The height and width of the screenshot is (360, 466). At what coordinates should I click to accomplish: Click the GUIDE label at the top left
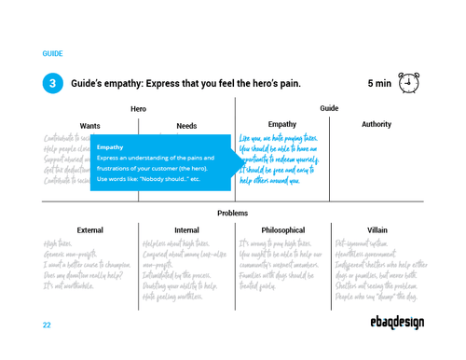(x=52, y=54)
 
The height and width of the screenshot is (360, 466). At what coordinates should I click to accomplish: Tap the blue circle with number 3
(x=52, y=84)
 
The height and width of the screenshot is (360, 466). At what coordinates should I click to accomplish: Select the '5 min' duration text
(x=378, y=84)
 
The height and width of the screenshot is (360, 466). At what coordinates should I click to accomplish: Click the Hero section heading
(x=138, y=109)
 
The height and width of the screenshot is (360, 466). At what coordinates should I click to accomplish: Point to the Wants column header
(x=90, y=125)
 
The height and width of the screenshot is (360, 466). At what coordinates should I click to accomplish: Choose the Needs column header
(x=186, y=125)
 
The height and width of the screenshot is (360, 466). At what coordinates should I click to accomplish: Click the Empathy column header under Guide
(x=282, y=124)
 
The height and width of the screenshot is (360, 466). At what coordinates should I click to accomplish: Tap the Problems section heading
(x=233, y=214)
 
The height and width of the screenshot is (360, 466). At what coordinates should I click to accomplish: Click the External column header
(x=90, y=229)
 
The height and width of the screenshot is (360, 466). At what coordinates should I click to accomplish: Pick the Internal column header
(x=186, y=229)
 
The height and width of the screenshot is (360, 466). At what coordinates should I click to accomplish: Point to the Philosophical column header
(x=282, y=229)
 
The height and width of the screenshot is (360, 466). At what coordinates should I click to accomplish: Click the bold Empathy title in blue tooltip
(x=110, y=147)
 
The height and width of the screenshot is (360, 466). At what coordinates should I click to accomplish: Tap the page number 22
(x=47, y=325)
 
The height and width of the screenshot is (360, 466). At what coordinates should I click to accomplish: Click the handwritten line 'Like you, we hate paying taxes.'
(x=280, y=139)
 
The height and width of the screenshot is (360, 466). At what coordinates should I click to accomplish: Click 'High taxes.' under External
(x=62, y=242)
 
